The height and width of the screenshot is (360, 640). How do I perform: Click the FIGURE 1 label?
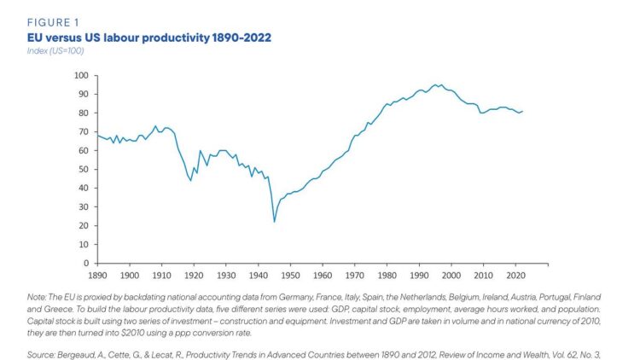53,22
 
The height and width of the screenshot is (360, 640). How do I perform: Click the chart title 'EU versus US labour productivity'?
119,38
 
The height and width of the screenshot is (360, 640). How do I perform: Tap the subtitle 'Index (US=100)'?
55,50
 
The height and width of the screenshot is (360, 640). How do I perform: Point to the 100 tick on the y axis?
81,76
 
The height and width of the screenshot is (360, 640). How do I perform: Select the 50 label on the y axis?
84,170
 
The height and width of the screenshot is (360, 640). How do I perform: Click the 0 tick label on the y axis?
86,264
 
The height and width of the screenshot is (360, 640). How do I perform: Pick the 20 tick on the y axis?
84,226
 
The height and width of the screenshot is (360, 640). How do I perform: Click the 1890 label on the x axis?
97,276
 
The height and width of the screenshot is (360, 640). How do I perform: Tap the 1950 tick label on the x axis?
290,276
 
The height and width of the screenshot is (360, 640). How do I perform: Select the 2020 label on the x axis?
515,276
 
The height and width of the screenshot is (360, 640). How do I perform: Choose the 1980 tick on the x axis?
387,276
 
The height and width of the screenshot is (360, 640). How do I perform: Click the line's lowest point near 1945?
274,222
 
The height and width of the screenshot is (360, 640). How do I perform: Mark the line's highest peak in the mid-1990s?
435,85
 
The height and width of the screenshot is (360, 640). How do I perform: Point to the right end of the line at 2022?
522,111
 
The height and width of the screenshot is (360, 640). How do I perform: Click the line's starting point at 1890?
97,136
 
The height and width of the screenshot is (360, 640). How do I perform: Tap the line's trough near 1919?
190,180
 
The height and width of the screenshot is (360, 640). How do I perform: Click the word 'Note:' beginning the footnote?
37,297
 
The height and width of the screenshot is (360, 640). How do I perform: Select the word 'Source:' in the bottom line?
41,355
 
